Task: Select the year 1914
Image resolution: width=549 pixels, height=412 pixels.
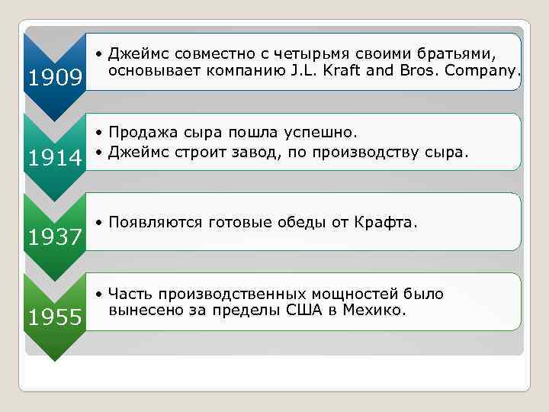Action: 55,158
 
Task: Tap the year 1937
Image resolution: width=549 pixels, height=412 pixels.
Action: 55,238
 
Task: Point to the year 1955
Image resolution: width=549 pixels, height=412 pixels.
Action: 55,317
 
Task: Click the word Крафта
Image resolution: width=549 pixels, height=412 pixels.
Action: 388,222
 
